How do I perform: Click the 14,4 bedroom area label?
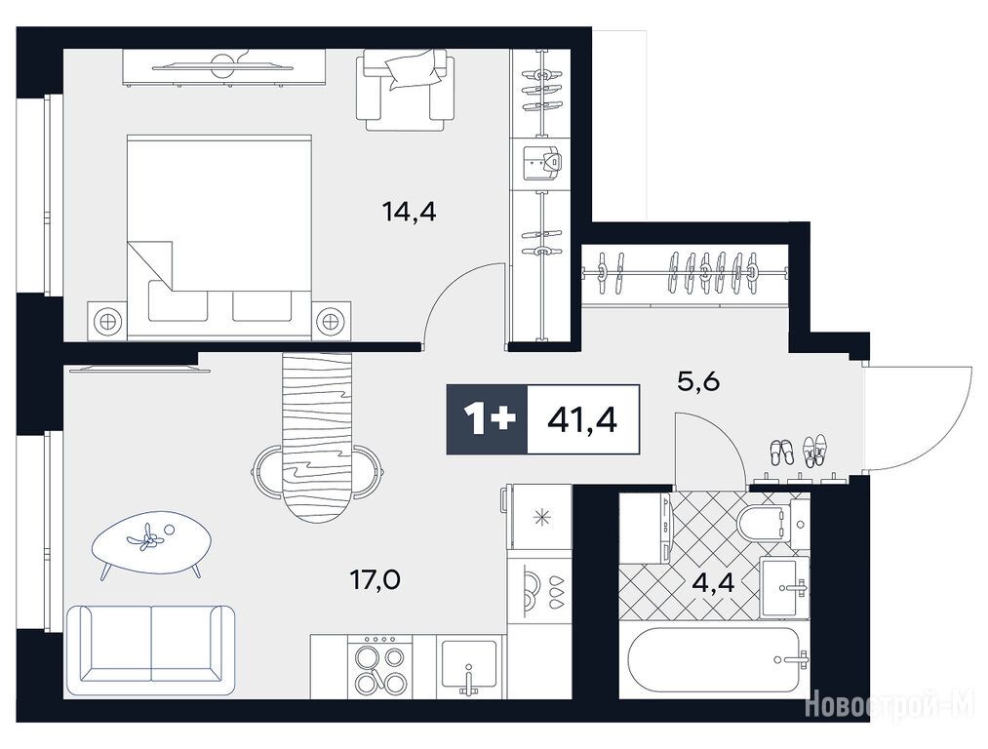tap(409, 213)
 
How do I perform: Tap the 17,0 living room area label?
tap(375, 579)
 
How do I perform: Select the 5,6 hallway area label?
tap(698, 381)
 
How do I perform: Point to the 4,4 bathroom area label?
tap(713, 582)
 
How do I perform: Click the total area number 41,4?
tap(582, 418)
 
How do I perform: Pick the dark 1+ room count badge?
tap(487, 419)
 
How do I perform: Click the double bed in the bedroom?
tap(219, 237)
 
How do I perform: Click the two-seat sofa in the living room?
tap(150, 644)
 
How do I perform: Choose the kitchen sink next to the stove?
tap(470, 666)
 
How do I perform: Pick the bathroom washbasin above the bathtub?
tap(784, 587)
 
